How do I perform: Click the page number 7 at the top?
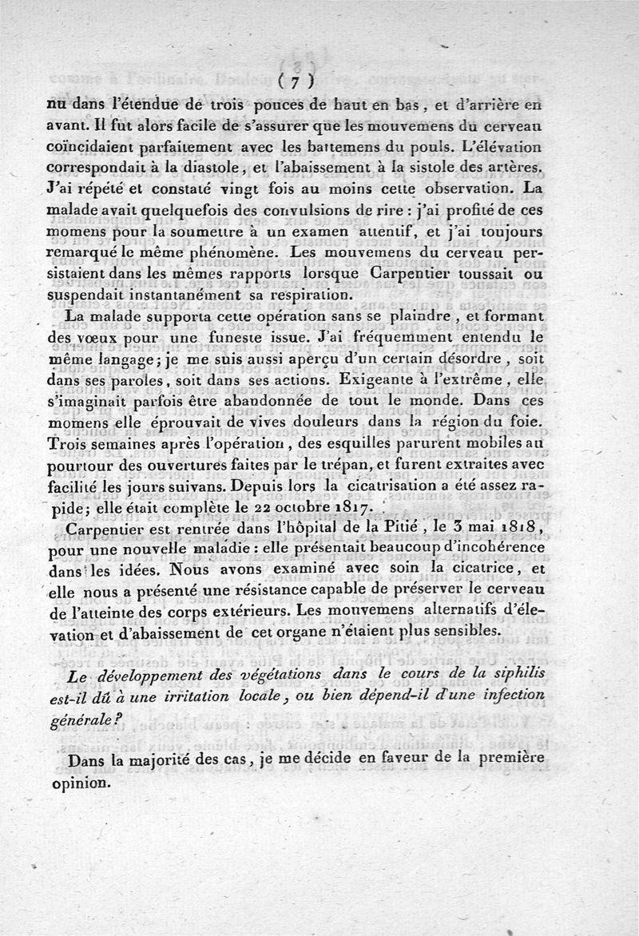295,81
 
